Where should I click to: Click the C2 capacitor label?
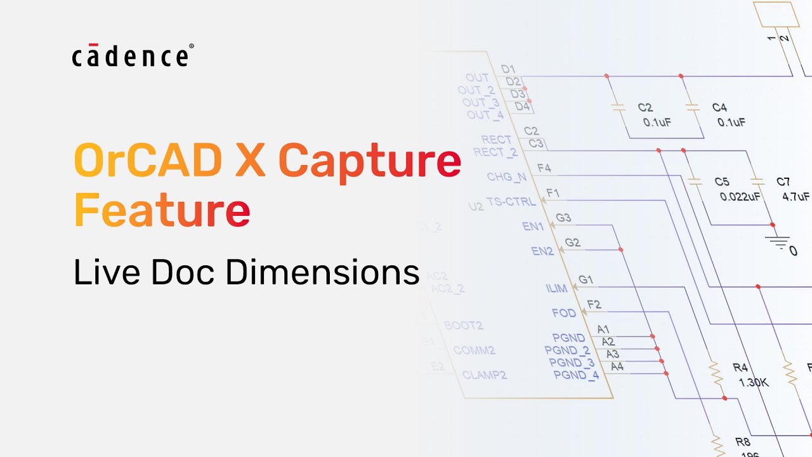[645, 108]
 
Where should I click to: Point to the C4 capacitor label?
[719, 108]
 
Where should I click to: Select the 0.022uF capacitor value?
[740, 197]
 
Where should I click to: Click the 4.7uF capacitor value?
[796, 197]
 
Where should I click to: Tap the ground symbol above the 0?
[777, 241]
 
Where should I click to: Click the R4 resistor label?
[740, 368]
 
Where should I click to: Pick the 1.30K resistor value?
[754, 383]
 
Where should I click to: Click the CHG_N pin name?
[506, 176]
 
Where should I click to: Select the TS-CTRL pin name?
[511, 202]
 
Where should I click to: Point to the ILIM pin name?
[556, 288]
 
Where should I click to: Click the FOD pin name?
[564, 313]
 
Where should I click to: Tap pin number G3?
[563, 218]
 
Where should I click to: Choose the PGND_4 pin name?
[576, 375]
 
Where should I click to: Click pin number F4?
[544, 168]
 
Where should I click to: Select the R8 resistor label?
[742, 442]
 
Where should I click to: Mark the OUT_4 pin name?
[485, 115]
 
